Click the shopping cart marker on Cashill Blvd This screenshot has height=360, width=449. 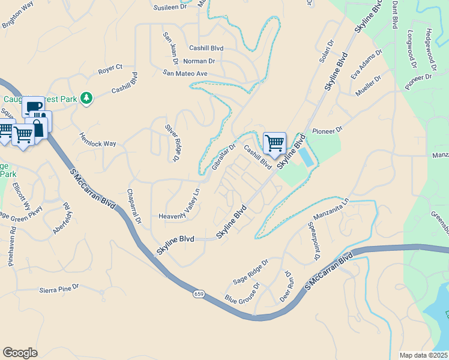coord(274,143)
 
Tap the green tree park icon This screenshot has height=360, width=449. coord(87,97)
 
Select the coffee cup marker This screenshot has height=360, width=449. coord(33,108)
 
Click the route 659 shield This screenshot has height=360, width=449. coord(199,294)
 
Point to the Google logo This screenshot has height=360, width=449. coord(20,353)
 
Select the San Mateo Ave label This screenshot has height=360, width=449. coord(185,73)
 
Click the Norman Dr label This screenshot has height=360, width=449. coord(199,61)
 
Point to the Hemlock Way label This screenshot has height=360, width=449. coord(98,140)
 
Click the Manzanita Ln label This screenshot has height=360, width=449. coord(331,209)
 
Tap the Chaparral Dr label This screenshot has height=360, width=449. coord(133,207)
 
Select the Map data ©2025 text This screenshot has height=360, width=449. coord(423,355)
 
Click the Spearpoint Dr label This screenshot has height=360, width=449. coord(312,242)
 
